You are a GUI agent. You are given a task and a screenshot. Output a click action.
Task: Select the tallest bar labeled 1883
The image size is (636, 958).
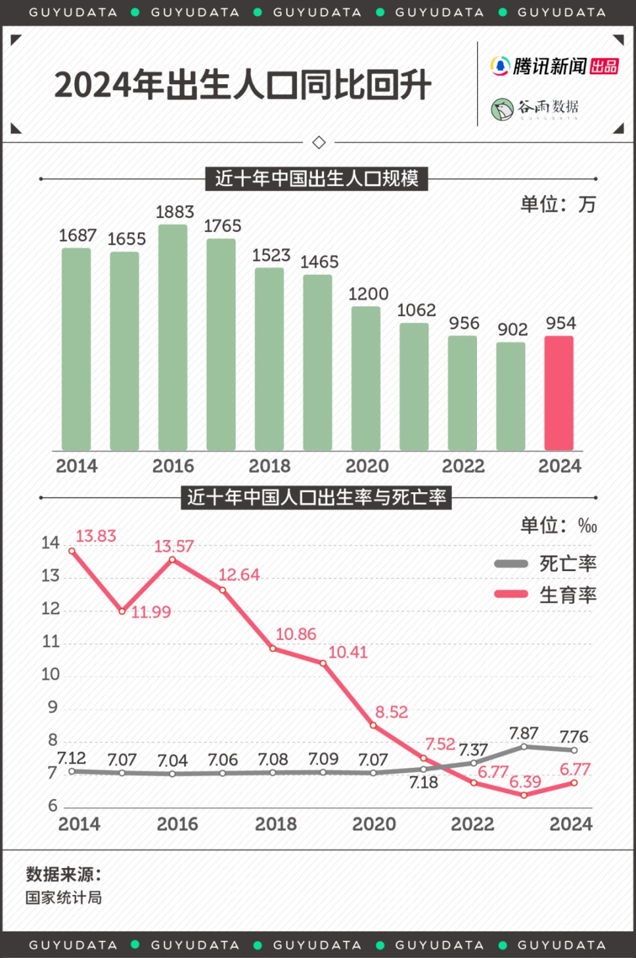(172, 337)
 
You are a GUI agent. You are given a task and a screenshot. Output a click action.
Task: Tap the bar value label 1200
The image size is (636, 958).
(368, 293)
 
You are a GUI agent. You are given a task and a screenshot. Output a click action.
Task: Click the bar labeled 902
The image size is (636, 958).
(510, 396)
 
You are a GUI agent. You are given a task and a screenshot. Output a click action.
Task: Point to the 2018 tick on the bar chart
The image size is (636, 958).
(270, 466)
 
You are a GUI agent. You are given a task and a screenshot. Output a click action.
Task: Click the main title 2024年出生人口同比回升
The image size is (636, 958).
(242, 85)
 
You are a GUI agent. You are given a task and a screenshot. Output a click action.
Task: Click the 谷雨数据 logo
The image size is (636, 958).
(535, 108)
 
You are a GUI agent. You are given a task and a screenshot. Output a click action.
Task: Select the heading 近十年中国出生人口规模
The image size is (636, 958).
(317, 179)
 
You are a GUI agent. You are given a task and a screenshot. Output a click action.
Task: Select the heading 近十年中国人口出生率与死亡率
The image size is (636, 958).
(317, 498)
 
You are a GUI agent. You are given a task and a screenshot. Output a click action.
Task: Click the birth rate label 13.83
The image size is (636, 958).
(95, 536)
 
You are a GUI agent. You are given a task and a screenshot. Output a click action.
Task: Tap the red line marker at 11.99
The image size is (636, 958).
(122, 611)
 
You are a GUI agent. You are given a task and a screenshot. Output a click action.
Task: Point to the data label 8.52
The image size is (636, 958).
(392, 712)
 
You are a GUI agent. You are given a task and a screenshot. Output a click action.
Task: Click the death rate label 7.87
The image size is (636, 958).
(523, 733)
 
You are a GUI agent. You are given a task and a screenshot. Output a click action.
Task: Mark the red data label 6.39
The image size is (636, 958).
(525, 782)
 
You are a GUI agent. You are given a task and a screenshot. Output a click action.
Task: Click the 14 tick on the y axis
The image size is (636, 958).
(50, 543)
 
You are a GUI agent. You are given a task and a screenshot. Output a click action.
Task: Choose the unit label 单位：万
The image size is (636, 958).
(558, 204)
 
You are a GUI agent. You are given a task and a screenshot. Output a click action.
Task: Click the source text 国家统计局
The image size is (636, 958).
(64, 898)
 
